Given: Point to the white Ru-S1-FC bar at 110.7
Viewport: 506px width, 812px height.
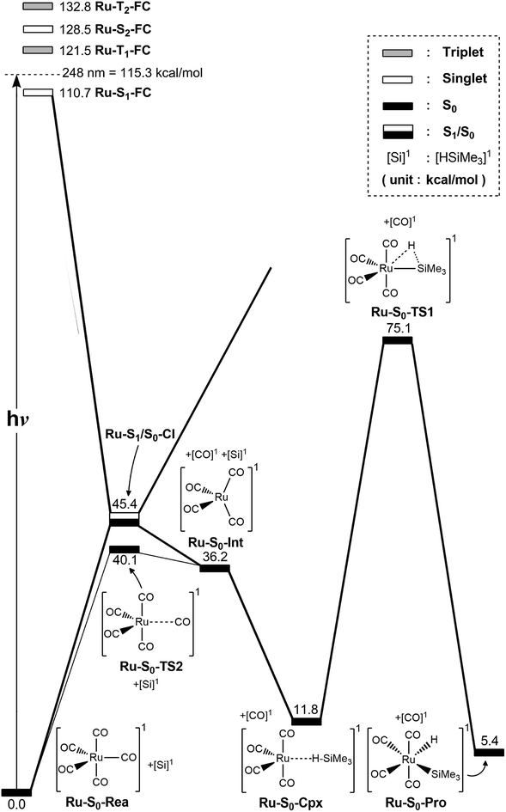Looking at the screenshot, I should point(38,92).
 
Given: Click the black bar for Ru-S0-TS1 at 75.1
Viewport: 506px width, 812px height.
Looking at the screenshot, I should point(398,340).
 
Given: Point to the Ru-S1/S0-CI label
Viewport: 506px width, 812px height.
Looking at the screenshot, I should point(142,448).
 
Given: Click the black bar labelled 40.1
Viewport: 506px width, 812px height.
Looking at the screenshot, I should point(125,549).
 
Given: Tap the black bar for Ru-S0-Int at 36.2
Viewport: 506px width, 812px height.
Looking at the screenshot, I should point(215,568).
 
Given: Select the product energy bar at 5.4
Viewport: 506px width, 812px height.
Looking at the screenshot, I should point(490,753).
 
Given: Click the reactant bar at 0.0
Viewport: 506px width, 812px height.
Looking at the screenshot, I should point(16,791).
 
